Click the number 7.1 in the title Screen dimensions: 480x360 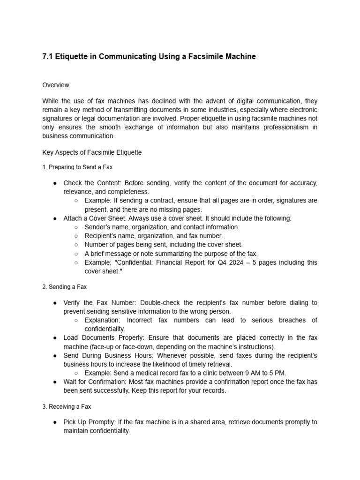(47, 57)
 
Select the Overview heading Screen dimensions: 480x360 (56, 85)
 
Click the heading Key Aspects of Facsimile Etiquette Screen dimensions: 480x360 (92, 152)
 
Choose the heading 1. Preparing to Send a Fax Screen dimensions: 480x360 (77, 167)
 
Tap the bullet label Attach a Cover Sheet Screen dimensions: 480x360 (94, 218)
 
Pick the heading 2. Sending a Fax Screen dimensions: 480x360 (64, 286)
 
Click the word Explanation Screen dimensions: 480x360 (102, 320)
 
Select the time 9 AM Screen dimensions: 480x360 (252, 373)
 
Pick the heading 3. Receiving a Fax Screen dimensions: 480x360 (67, 406)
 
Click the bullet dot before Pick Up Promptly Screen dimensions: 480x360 (55, 422)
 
